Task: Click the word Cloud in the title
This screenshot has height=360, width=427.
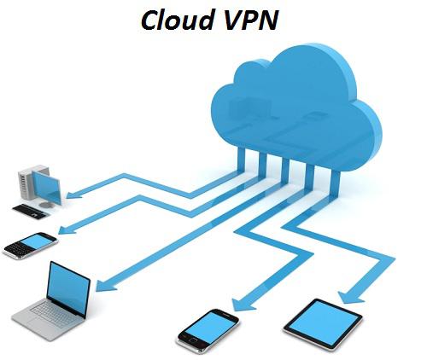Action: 178,20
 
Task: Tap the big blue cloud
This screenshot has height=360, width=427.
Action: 296,108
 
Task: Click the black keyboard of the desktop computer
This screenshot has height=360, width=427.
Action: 31,212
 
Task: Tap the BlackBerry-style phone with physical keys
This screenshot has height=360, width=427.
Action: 30,246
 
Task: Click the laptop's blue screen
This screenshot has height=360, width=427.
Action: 68,288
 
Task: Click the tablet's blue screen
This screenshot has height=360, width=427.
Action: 323,323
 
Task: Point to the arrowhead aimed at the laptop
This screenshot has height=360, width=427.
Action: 105,285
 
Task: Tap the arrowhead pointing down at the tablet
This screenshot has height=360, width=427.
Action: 350,298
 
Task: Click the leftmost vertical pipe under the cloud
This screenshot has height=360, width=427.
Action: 241,160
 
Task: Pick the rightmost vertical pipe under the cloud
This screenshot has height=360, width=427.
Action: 335,185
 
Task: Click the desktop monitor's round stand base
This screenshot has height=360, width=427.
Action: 45,205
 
